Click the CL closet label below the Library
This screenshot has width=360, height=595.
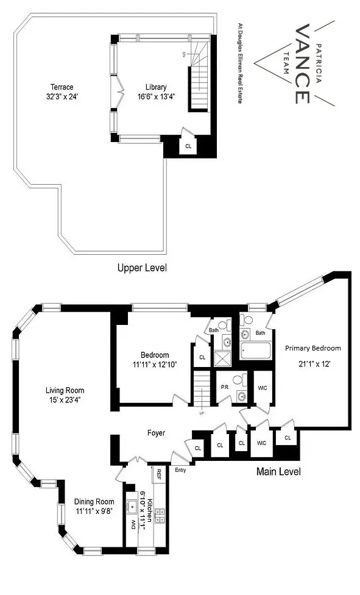coord(188,146)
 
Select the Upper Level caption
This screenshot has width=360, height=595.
coord(143,268)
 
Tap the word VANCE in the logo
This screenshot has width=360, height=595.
coord(303,64)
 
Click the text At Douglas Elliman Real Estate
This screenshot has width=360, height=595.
coord(239,63)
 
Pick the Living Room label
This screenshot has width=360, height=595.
coord(65,390)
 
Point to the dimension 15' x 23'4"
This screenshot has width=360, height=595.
coord(65,401)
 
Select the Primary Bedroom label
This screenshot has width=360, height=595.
coord(313,348)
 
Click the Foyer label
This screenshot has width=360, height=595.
coord(155,433)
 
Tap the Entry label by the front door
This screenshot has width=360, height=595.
coord(180,470)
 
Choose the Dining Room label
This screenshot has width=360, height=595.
coord(95,502)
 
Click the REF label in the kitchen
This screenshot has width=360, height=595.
coord(158,473)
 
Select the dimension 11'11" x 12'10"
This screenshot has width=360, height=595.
coord(155,366)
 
